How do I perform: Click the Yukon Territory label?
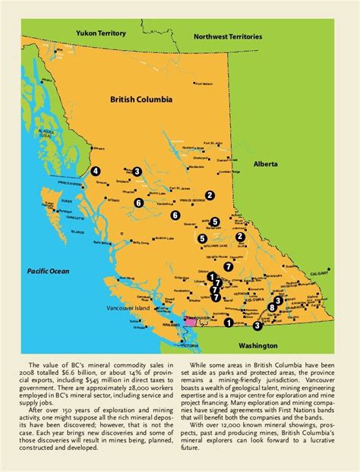pos(99,34)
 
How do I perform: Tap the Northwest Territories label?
pos(228,36)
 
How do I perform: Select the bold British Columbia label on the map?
pos(141,99)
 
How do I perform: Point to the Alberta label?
pos(266,164)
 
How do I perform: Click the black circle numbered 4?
pos(96,171)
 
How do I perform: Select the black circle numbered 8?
pos(271,307)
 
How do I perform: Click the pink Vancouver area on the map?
pos(190,321)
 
